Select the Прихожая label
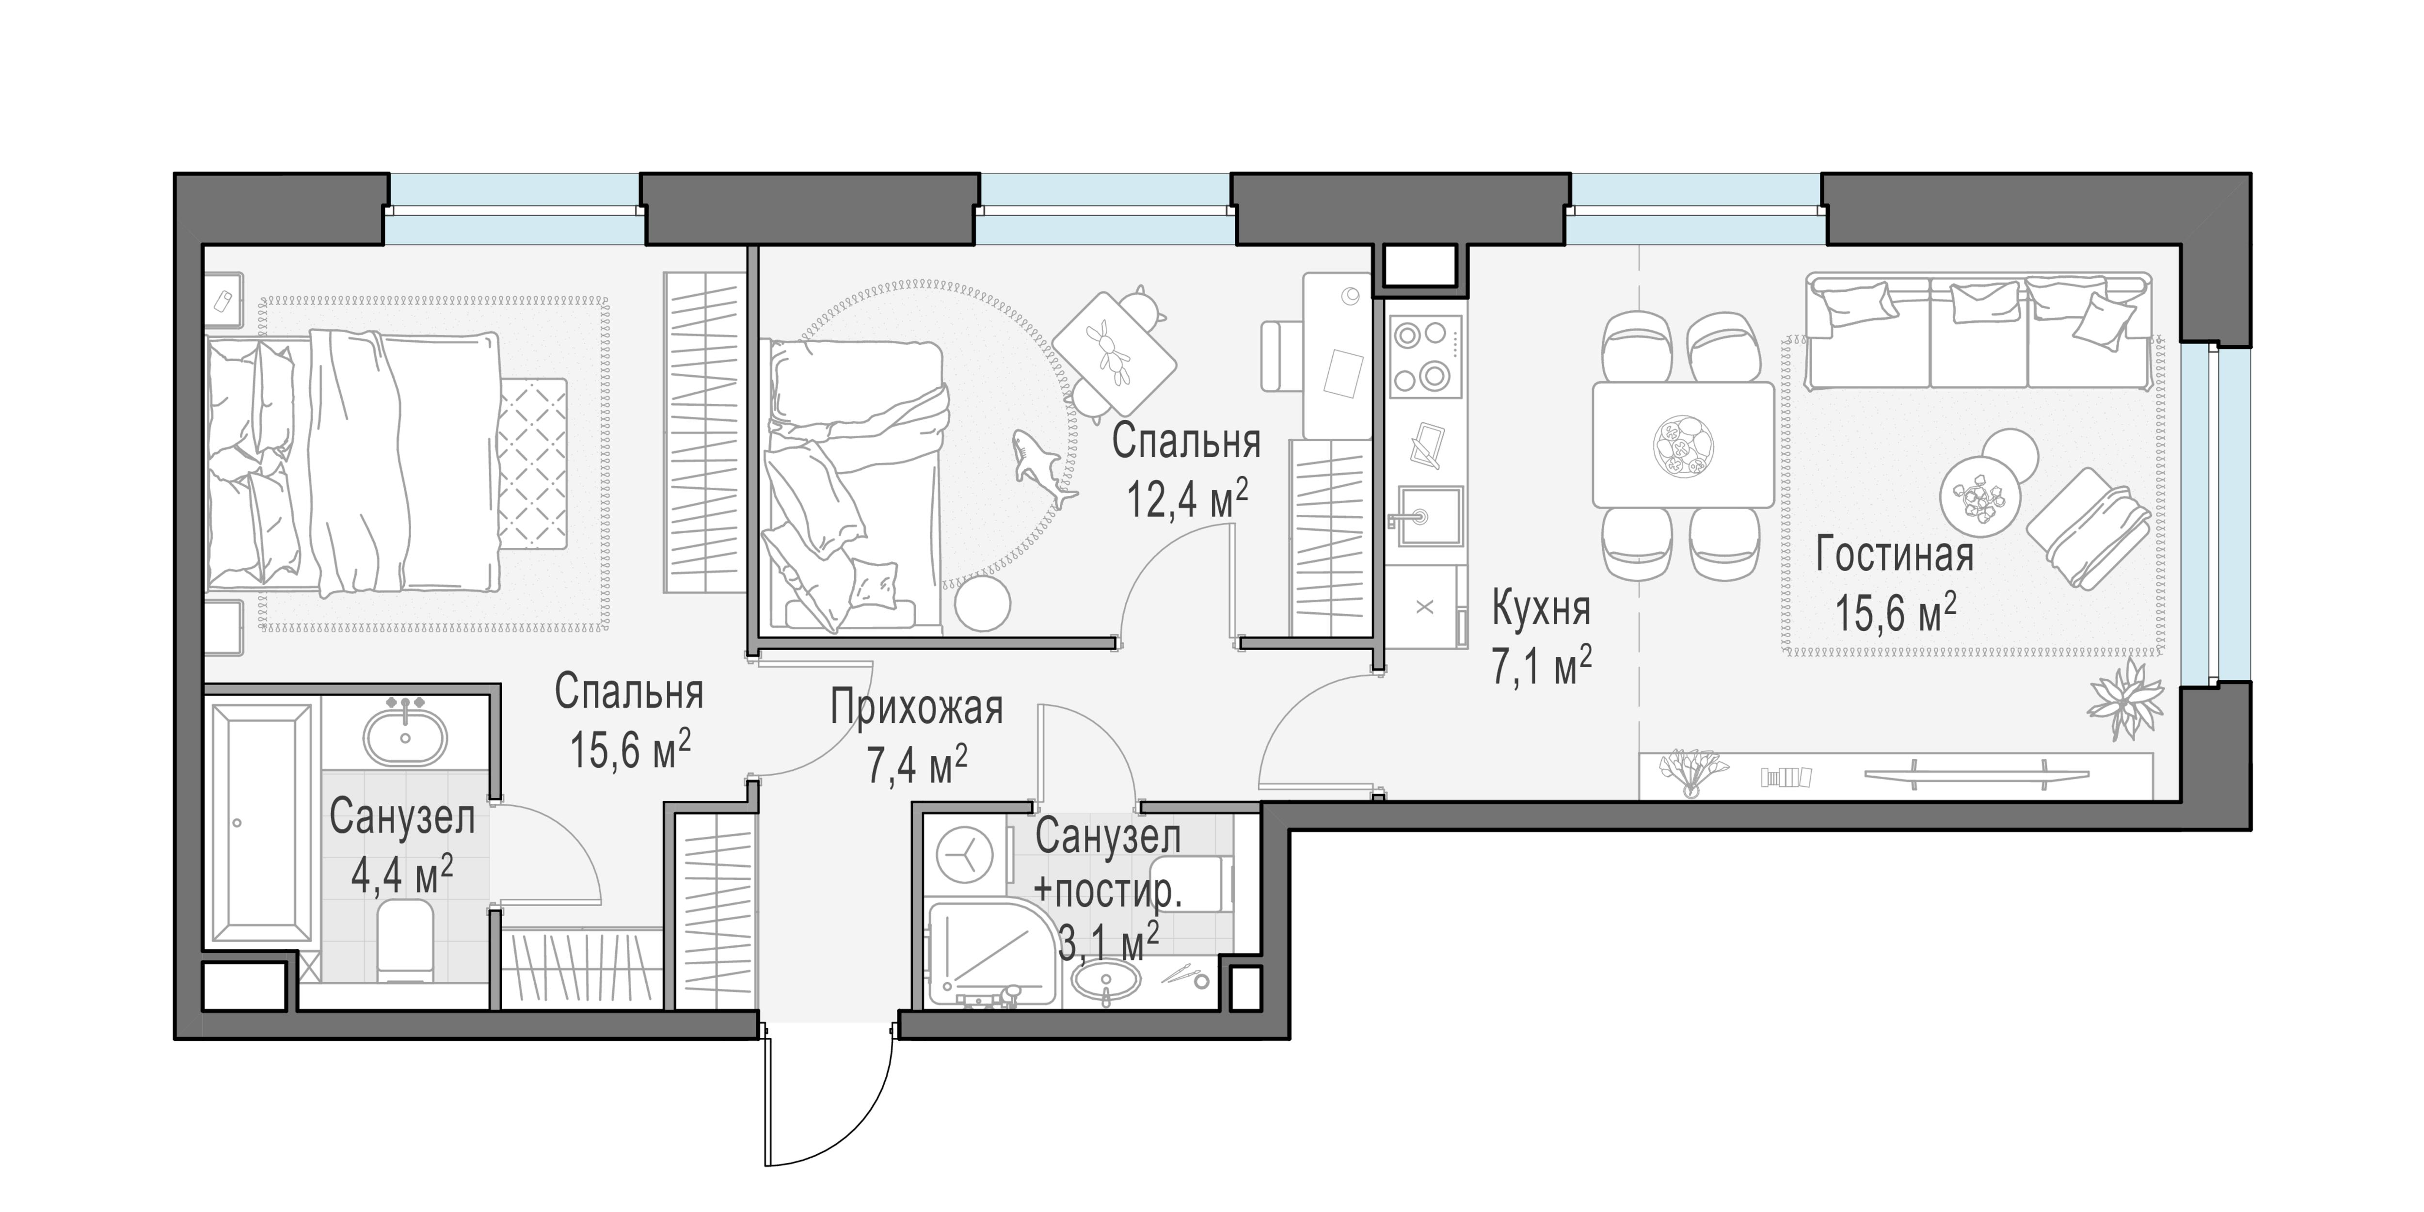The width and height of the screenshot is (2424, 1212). tap(917, 708)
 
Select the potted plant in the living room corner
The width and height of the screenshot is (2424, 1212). tap(2125, 699)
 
